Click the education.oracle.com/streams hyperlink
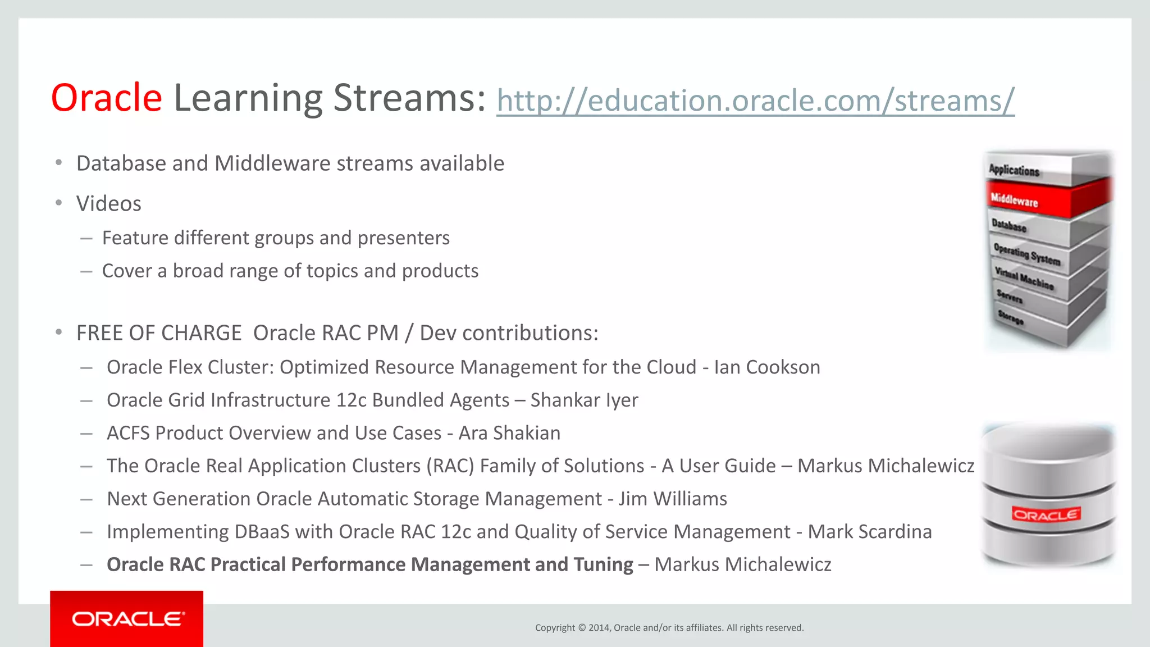click(755, 101)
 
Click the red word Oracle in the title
click(107, 98)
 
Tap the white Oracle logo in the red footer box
click(127, 619)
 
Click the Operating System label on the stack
click(1026, 254)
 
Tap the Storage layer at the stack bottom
click(1011, 317)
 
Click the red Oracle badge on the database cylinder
click(1046, 514)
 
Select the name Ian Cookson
click(767, 367)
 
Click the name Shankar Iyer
click(584, 400)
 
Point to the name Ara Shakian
click(509, 433)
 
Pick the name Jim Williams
click(673, 499)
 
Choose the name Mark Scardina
click(869, 532)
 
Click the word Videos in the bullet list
click(109, 204)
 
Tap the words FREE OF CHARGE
click(159, 333)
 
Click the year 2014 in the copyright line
click(599, 628)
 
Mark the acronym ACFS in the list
click(129, 433)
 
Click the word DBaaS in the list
click(262, 532)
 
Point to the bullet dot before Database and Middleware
click(59, 163)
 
